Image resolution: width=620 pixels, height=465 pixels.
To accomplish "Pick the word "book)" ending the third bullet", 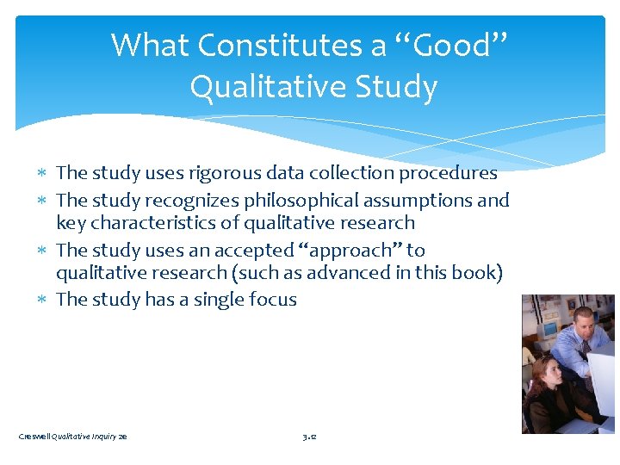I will pos(479,273).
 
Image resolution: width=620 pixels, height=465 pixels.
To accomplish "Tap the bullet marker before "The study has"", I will pos(46,300).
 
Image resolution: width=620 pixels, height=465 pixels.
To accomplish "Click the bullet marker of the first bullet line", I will pos(46,173).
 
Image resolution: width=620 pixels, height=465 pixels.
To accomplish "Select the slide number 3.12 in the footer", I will pos(310,437).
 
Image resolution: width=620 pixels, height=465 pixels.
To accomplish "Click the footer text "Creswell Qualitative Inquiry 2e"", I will pos(72,437).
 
